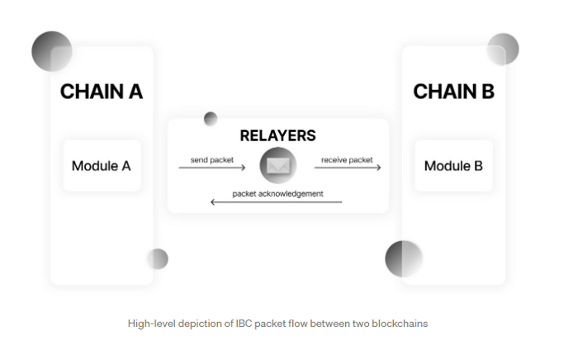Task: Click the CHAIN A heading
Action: click(102, 92)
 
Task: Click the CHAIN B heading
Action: click(453, 92)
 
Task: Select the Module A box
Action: click(102, 166)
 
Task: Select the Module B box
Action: click(453, 166)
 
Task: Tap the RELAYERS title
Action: click(277, 135)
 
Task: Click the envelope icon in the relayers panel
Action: click(277, 167)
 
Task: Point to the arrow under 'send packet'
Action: click(212, 168)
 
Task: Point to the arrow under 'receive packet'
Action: click(347, 168)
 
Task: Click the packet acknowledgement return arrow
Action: click(277, 202)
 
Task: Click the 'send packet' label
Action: click(211, 159)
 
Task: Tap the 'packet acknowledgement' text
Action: click(277, 193)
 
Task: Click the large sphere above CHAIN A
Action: click(52, 51)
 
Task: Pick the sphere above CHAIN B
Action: click(502, 50)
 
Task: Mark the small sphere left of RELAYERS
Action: click(211, 118)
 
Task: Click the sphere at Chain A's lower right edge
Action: click(158, 259)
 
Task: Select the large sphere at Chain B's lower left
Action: click(404, 258)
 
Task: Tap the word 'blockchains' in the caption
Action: click(400, 323)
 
